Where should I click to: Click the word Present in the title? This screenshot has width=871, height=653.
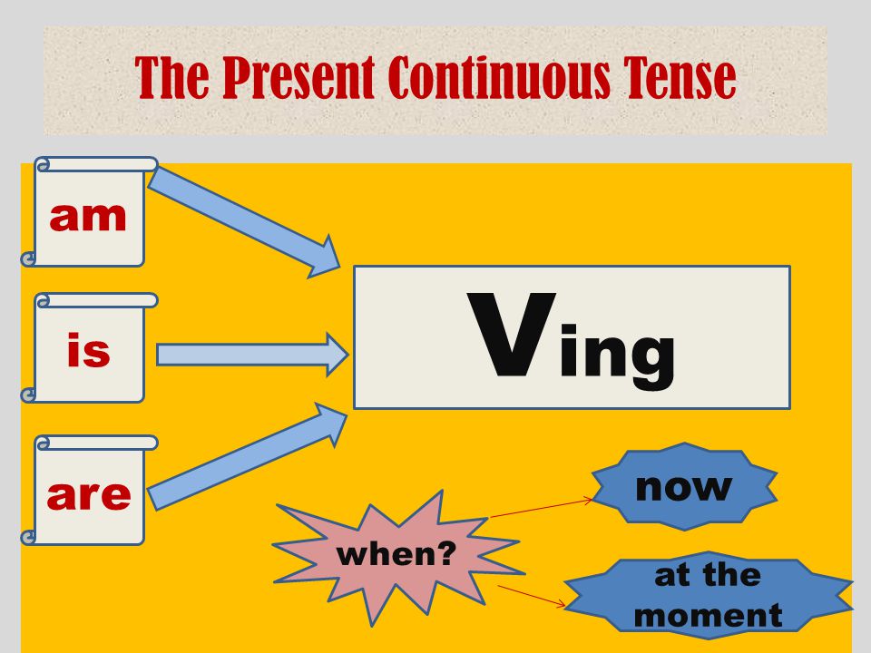click(298, 78)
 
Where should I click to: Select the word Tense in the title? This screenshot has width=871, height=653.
click(679, 78)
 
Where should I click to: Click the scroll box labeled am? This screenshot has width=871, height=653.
click(89, 216)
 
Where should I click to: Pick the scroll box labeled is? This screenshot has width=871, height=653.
click(89, 350)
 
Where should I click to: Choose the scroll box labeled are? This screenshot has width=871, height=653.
click(89, 493)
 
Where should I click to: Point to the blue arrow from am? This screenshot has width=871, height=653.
click(243, 220)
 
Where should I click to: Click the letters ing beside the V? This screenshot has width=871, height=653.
click(617, 354)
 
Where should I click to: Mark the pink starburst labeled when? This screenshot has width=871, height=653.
click(397, 554)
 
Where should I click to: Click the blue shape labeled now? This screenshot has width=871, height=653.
click(683, 486)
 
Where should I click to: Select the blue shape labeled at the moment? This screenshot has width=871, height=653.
click(708, 595)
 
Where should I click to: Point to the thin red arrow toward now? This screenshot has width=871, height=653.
click(542, 508)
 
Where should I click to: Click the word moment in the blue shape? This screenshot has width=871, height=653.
click(708, 615)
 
